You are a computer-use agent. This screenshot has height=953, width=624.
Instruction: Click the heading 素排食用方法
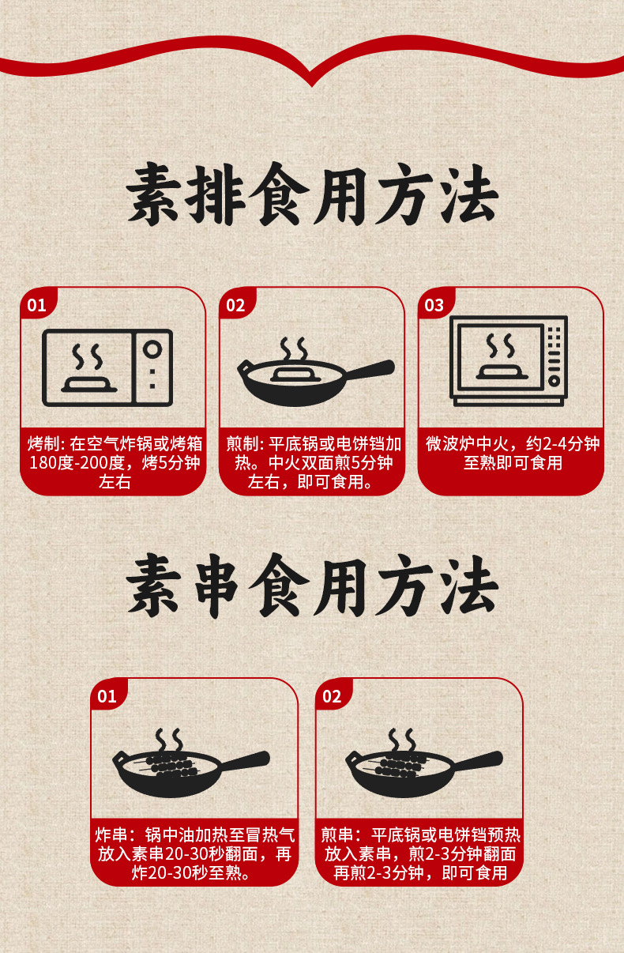[312, 194]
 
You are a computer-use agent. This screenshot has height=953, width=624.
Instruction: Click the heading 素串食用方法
[312, 586]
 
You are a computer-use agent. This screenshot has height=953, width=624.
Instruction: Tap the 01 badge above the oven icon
[36, 305]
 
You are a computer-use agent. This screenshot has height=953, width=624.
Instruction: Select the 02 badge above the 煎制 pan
[235, 305]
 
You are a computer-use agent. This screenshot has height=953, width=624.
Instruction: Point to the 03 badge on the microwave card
[434, 305]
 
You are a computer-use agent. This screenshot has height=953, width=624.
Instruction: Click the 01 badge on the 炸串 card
[107, 696]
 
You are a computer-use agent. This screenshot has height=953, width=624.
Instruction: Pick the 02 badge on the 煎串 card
[332, 696]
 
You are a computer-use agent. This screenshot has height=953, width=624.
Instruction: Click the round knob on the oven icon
[152, 349]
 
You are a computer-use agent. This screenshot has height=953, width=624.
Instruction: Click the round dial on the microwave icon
[554, 381]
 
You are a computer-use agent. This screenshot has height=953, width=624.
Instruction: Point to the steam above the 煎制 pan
[294, 349]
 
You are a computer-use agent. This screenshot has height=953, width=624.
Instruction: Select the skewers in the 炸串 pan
[169, 766]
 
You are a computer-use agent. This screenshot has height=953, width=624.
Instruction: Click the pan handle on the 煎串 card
[477, 761]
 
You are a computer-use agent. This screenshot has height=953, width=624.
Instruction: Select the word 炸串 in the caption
[111, 835]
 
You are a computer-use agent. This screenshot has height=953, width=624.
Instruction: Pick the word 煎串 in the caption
[337, 835]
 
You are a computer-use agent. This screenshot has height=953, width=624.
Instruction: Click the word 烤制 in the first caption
[43, 444]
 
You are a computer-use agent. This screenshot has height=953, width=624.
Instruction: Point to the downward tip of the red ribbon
[312, 86]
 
